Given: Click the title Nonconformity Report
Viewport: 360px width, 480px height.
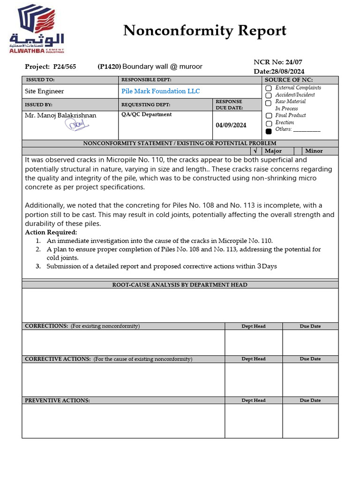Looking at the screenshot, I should (204, 31).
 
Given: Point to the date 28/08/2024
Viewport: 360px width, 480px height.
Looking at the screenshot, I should (287, 71).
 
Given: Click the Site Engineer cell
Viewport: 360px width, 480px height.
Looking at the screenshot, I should (45, 91).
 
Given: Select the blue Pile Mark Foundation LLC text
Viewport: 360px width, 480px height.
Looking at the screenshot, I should (160, 91).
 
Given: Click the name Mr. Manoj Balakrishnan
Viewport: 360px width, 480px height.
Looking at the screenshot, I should (60, 115).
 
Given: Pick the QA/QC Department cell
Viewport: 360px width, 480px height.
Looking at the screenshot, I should (146, 114).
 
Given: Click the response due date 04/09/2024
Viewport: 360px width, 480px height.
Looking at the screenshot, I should (231, 125).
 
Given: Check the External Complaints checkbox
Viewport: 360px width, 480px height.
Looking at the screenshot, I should (269, 88).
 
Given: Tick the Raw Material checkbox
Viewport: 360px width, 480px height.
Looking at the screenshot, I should (269, 103).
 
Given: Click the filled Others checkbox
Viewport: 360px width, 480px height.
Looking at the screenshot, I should (269, 131).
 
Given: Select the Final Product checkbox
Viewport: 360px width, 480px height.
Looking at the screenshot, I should (269, 116).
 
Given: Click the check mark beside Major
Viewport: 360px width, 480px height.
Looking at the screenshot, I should (255, 151).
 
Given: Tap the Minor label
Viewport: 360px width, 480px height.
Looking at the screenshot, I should (314, 151).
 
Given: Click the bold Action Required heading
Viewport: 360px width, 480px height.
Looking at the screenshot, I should (51, 232).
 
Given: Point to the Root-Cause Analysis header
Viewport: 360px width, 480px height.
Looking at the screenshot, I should (180, 285).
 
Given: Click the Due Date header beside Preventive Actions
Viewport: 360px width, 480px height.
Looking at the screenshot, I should (310, 400).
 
